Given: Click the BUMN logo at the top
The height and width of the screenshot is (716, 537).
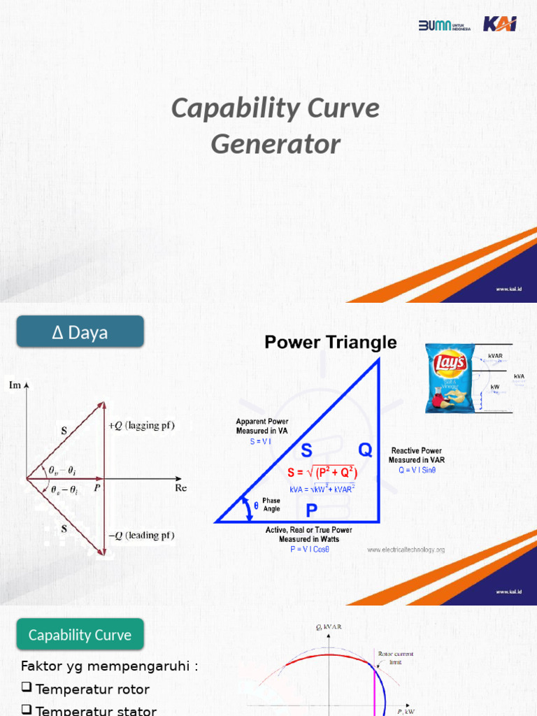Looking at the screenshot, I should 443,25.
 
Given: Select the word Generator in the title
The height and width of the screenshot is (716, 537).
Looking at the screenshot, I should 275,144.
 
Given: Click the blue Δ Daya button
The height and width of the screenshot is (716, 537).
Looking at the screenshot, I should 80,332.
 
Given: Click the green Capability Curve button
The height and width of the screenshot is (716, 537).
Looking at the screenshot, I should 80,635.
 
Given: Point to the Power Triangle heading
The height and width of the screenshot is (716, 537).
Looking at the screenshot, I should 330,343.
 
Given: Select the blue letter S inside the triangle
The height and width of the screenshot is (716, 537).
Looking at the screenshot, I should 307,449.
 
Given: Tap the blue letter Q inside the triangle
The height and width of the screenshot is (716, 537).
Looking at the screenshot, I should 366,449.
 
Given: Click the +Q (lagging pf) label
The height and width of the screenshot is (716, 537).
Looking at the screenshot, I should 141,426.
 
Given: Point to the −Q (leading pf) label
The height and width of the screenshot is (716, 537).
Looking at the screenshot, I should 141,536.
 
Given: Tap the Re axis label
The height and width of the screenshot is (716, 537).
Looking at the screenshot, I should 181,488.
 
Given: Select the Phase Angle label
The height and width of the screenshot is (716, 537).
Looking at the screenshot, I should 271,505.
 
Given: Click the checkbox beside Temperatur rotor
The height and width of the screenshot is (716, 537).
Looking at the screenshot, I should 27,689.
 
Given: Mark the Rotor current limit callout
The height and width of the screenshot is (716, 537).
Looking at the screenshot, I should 390,657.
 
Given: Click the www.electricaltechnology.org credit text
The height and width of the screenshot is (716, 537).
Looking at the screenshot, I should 406,550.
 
